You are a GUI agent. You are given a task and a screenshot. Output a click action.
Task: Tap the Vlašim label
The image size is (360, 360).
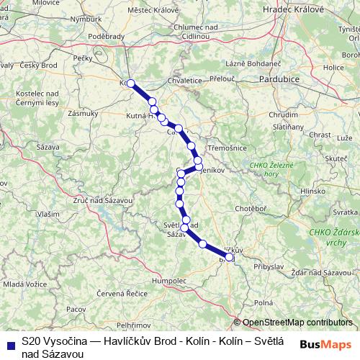coord(48,214)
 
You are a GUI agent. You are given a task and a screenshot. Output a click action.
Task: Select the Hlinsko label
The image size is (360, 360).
coord(313,192)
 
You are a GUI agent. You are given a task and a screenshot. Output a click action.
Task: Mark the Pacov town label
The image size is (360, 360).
coord(76,308)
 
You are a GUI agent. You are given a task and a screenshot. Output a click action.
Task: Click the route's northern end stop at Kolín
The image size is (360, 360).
coord(130,84)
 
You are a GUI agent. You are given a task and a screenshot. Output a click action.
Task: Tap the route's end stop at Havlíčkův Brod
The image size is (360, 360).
coord(230,256)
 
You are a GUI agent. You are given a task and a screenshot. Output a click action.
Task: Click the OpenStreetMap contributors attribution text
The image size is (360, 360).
coord(297,323)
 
